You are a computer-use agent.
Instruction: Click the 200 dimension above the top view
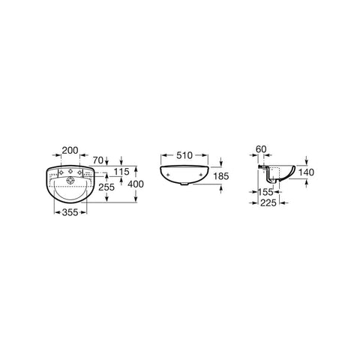coord(70,151)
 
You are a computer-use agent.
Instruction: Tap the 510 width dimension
coord(183,156)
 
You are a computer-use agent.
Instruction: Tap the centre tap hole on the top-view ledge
coord(70,173)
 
